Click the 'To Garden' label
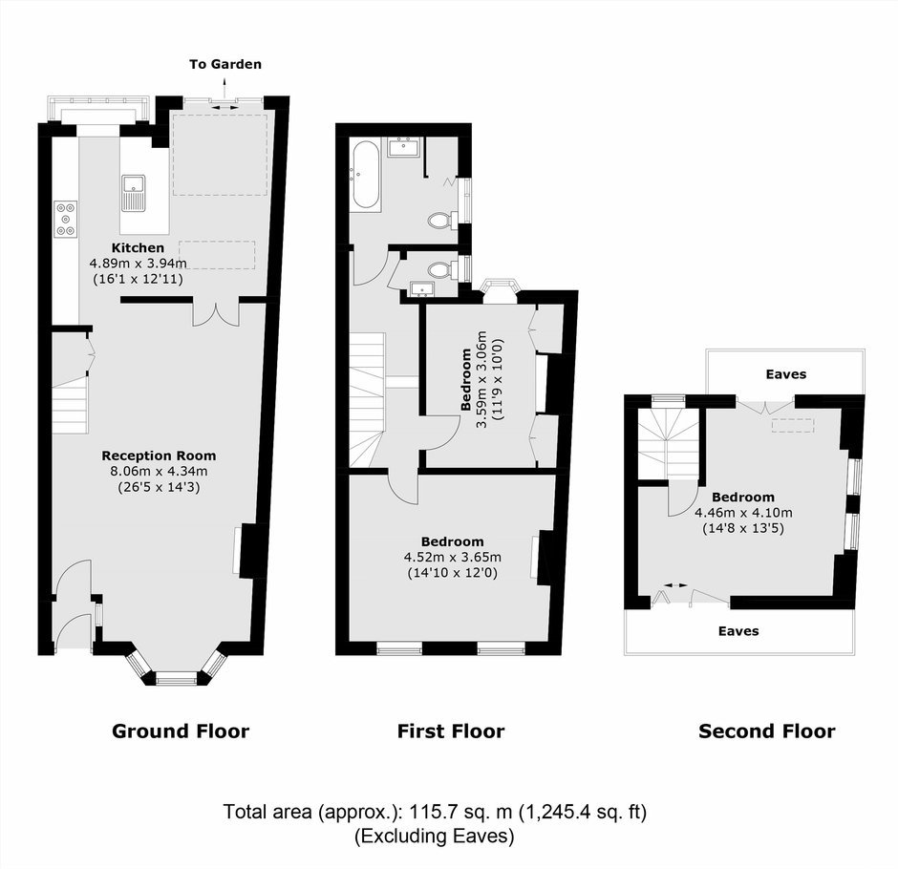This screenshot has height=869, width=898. (x=225, y=64)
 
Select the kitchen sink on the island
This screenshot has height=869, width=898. (x=134, y=193)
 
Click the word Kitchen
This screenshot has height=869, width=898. (x=138, y=248)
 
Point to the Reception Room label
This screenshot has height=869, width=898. (x=160, y=456)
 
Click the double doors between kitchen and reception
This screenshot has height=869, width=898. (x=216, y=312)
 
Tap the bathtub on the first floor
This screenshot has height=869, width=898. (x=365, y=174)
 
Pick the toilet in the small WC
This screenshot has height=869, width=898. (x=443, y=269)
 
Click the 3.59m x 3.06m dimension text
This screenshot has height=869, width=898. (x=482, y=379)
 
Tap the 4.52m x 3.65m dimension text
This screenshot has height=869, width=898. (x=453, y=557)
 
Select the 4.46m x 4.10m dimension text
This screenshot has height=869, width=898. (x=743, y=513)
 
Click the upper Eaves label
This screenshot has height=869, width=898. (x=785, y=374)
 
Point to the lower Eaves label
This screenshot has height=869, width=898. (x=738, y=631)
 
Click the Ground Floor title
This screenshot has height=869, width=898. (x=181, y=731)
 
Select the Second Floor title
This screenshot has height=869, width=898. (x=767, y=731)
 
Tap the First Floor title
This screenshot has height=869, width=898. (x=451, y=731)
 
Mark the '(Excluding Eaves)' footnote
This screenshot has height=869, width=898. (x=434, y=837)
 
